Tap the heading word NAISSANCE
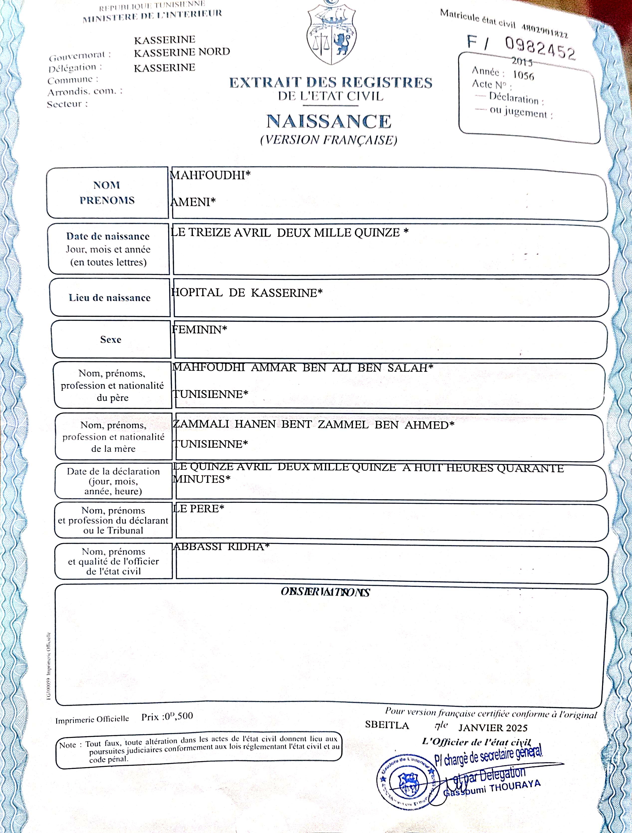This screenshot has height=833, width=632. pyautogui.click(x=329, y=121)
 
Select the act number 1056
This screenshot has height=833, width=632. pyautogui.click(x=523, y=76)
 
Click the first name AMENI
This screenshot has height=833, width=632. pyautogui.click(x=191, y=202)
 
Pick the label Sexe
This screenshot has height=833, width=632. pyautogui.click(x=111, y=339)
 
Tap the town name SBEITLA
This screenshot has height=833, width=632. pyautogui.click(x=387, y=725)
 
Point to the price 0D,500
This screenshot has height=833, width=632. pyautogui.click(x=178, y=716)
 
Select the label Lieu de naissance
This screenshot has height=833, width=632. pyautogui.click(x=109, y=298)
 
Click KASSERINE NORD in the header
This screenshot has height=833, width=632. pyautogui.click(x=182, y=52)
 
